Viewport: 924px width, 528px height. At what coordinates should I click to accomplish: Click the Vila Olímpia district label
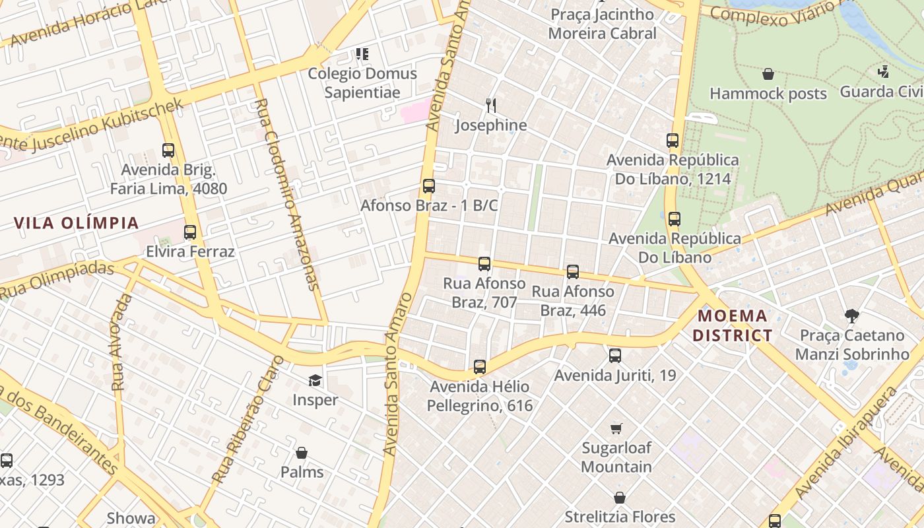[77, 222]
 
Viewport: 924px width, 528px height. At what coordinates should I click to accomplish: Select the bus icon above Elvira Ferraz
[190, 232]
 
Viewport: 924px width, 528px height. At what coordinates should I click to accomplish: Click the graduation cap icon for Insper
[315, 380]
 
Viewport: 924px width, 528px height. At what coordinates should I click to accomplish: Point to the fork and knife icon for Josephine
[490, 106]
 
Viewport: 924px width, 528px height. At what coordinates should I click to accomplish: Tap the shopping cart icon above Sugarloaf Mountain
[616, 428]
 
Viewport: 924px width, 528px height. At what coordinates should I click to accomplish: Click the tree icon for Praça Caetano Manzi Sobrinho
[851, 316]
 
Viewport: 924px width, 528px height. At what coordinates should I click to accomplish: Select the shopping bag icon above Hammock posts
[768, 74]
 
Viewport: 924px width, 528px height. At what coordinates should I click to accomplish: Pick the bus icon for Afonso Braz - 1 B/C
[429, 186]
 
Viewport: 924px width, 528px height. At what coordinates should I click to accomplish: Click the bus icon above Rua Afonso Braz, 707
[484, 264]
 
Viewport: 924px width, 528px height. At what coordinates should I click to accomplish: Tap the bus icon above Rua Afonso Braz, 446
[573, 271]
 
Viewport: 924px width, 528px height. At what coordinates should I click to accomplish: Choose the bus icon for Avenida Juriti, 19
[615, 356]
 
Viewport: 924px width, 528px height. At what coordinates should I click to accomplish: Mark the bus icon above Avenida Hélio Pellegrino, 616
[480, 367]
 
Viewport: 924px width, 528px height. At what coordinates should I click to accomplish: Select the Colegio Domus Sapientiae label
[362, 82]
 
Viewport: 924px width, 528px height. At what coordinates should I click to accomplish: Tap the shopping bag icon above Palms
[302, 453]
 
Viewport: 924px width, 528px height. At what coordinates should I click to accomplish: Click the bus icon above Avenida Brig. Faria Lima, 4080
[168, 150]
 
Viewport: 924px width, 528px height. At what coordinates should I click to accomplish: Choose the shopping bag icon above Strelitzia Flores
[620, 497]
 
